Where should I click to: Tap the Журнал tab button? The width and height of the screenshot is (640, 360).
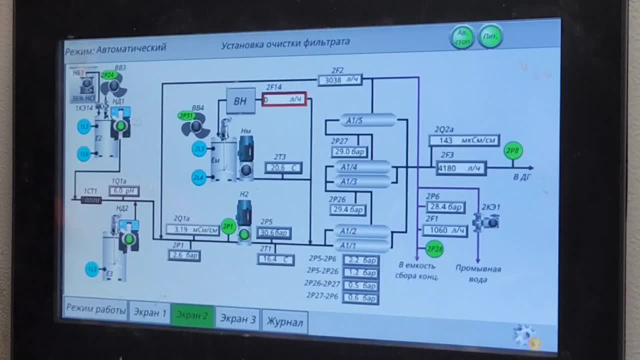click(x=284, y=322)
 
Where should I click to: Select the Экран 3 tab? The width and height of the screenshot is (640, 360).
click(x=238, y=318)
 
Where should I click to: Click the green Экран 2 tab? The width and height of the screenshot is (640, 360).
click(x=192, y=315)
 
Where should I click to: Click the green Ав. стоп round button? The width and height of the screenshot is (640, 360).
click(x=462, y=37)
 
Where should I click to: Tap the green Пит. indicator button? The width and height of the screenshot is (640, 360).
click(x=490, y=36)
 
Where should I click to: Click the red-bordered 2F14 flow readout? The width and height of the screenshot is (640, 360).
click(x=284, y=99)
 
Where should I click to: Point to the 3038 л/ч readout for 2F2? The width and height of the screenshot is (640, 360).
click(x=340, y=79)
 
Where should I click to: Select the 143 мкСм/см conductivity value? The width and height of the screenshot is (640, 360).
click(x=464, y=140)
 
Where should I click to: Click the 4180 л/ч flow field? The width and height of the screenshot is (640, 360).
click(x=461, y=168)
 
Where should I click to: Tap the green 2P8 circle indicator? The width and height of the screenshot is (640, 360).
click(x=513, y=150)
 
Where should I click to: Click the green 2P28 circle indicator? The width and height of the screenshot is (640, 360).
click(x=434, y=248)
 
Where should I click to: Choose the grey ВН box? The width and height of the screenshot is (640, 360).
click(x=240, y=100)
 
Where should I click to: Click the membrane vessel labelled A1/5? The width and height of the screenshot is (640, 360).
click(x=368, y=120)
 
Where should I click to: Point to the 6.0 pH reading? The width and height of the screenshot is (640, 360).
click(x=124, y=191)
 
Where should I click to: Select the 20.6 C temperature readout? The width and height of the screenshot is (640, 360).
click(x=283, y=168)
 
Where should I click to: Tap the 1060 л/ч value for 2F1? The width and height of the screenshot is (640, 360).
click(x=445, y=230)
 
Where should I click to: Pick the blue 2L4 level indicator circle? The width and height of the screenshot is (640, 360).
click(x=199, y=177)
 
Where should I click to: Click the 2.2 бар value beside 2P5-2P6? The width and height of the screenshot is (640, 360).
click(x=360, y=260)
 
